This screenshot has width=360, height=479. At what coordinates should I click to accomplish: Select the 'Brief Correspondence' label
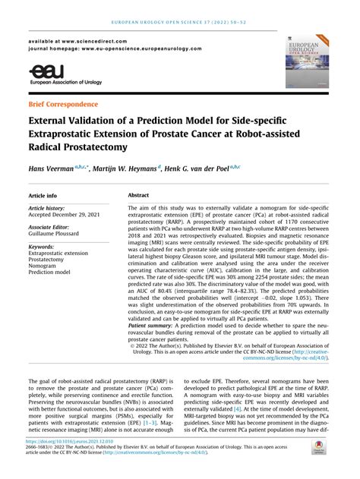pyautogui.click(x=63, y=103)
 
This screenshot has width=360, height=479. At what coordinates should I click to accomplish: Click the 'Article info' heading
pyautogui.click(x=47, y=195)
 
